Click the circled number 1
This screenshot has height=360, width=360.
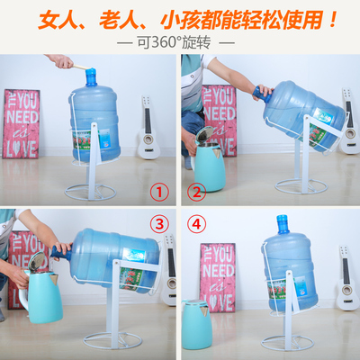pos(158,192)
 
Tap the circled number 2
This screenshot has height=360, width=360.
pos(196,192)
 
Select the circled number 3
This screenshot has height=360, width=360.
pos(158,221)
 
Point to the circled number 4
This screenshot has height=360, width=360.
pos(196,221)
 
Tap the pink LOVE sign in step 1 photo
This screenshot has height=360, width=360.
pos(22,123)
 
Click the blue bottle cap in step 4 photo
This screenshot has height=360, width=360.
pos(283,220)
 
